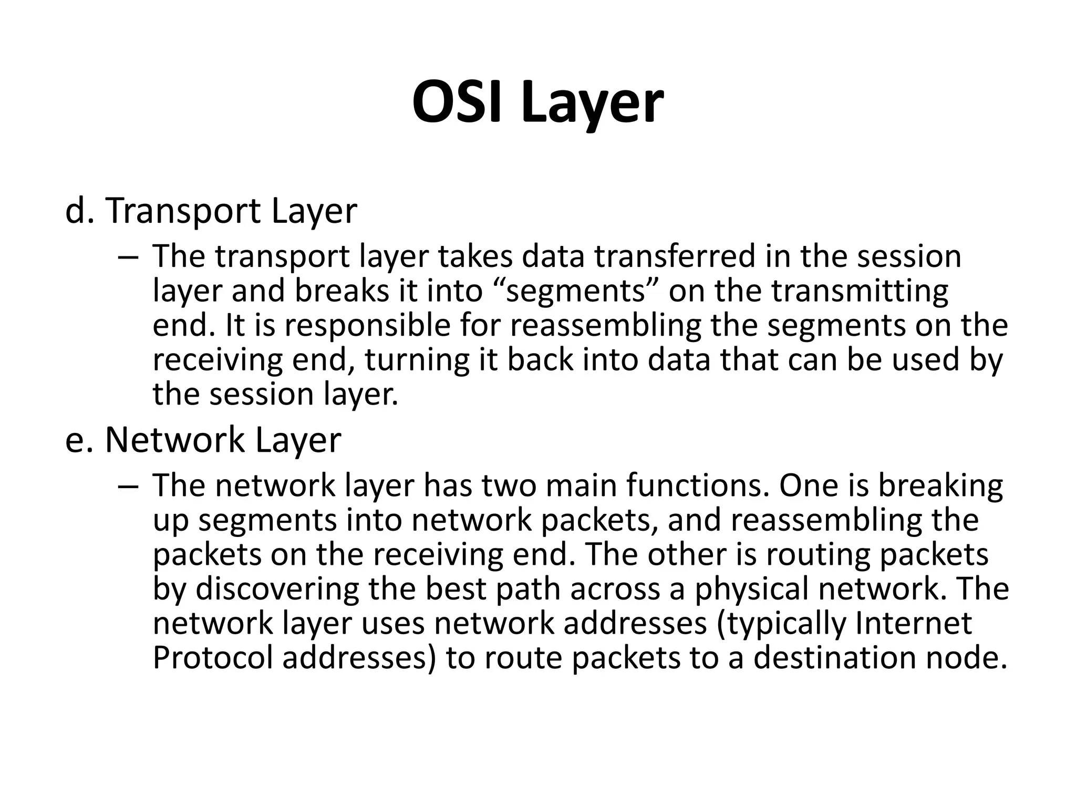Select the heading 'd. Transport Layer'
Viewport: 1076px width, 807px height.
pyautogui.click(x=211, y=211)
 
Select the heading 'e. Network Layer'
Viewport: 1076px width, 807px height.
pyautogui.click(x=203, y=440)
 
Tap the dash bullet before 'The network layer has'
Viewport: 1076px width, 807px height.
pyautogui.click(x=128, y=486)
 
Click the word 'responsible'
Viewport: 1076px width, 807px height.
pyautogui.click(x=368, y=326)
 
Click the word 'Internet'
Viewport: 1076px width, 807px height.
pyautogui.click(x=914, y=624)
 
